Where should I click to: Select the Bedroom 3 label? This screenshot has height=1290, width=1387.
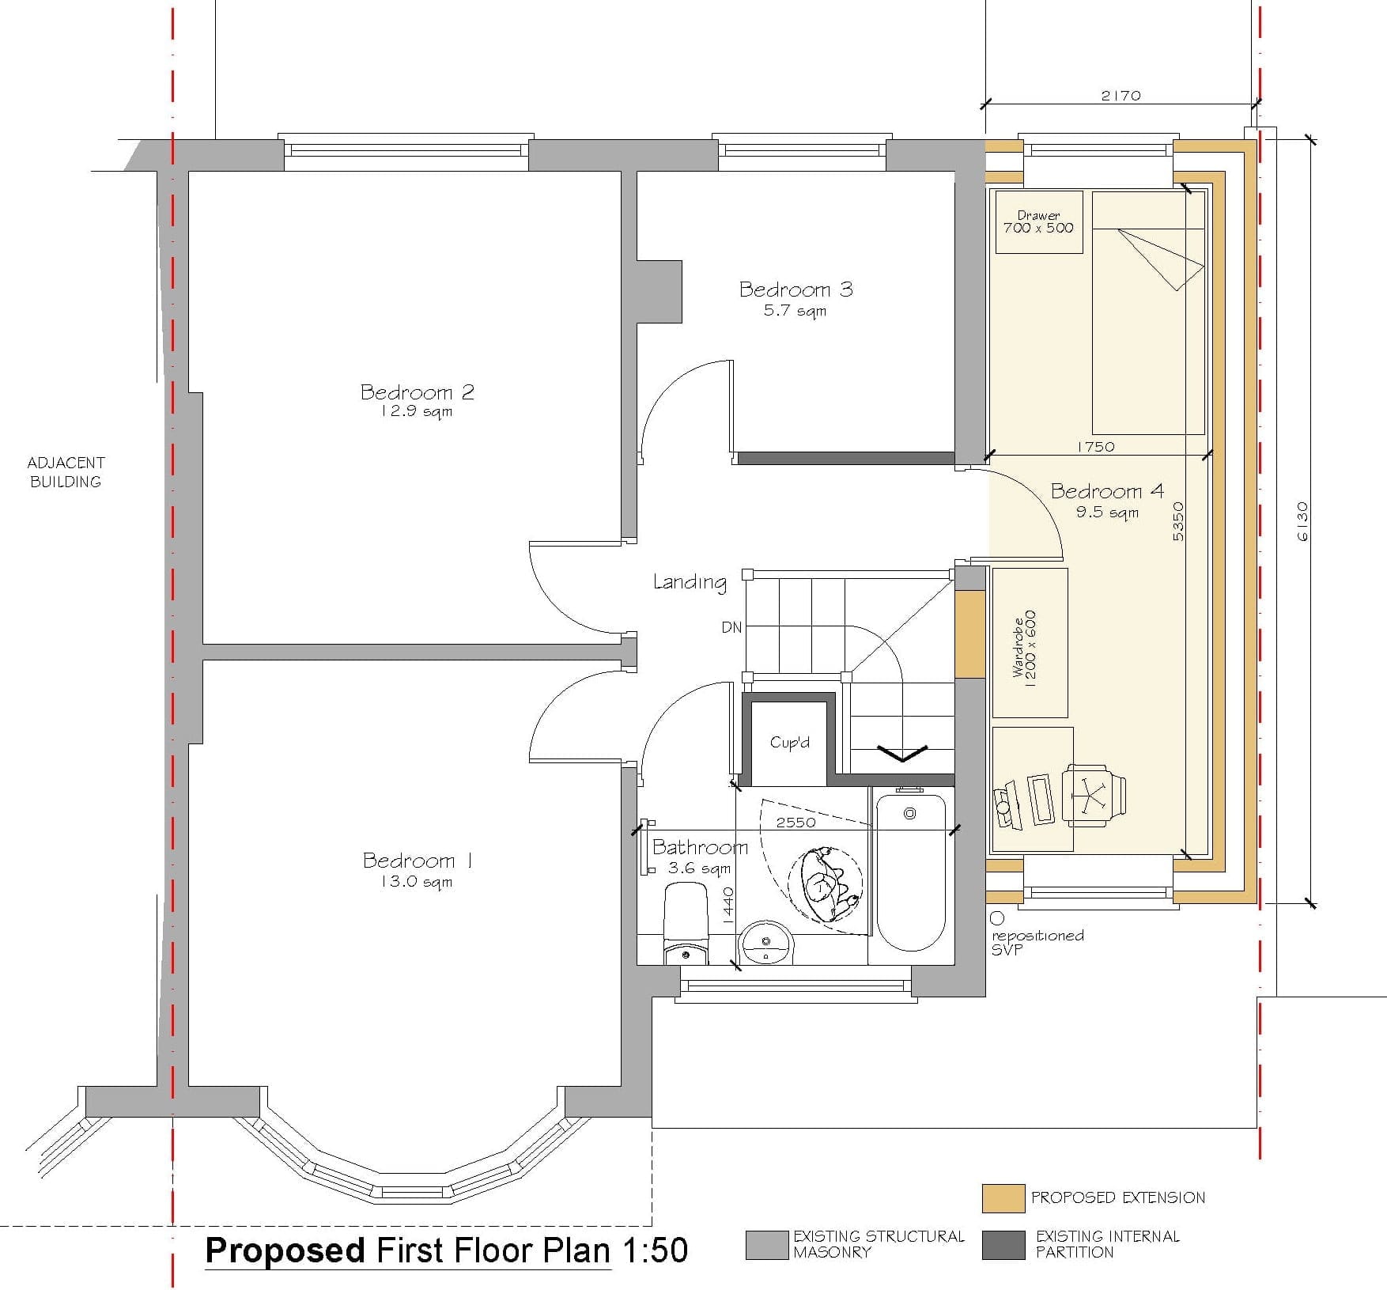796,289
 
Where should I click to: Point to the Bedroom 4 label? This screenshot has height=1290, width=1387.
1107,491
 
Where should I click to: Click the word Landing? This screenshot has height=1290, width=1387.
690,583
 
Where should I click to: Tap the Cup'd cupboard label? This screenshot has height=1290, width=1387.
790,743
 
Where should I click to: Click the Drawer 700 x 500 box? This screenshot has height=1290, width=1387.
1039,222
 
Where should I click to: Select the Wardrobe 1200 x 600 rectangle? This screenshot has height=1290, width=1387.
1030,642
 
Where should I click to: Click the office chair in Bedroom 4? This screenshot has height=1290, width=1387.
1094,794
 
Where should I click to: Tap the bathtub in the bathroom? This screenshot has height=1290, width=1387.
910,872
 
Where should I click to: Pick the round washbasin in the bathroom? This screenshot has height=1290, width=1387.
765,942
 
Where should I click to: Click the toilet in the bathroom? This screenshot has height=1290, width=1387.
686,924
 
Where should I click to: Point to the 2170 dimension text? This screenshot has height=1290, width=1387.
1121,96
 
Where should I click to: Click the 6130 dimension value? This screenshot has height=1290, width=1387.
1302,522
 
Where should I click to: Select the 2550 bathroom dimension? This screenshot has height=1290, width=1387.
796,823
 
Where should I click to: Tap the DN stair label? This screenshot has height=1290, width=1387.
731,627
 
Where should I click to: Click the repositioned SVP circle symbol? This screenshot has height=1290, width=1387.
997,918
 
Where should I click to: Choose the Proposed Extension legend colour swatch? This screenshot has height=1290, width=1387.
1003,1197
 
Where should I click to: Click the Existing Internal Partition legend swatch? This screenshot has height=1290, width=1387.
1003,1245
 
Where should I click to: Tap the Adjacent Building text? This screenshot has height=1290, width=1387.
66,472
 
